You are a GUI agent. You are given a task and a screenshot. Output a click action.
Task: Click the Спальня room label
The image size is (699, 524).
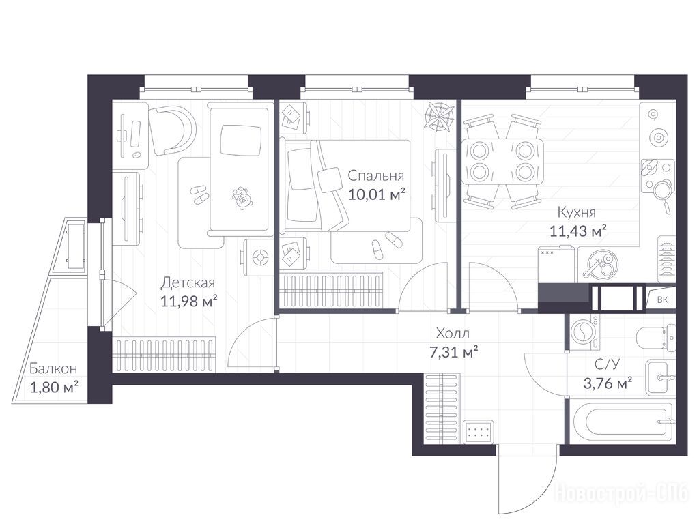click(376, 175)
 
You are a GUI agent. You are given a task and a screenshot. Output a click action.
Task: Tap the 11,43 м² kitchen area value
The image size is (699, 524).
click(577, 231)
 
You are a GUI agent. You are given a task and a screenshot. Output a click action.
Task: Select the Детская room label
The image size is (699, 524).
click(188, 282)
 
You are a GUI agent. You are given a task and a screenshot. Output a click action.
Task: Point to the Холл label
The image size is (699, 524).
click(453, 333)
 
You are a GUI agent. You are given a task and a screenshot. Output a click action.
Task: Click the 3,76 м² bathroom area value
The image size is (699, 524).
click(608, 382)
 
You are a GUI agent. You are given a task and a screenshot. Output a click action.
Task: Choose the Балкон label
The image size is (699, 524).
click(53, 368)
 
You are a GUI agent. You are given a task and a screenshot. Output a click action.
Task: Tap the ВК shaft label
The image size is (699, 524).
click(662, 300)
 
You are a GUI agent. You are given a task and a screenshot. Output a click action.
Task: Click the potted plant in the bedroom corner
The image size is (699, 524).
click(439, 115)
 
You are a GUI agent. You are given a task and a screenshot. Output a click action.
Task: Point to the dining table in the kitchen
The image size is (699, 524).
click(503, 161)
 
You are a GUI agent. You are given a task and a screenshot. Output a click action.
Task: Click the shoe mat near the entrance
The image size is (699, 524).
click(479, 432)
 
